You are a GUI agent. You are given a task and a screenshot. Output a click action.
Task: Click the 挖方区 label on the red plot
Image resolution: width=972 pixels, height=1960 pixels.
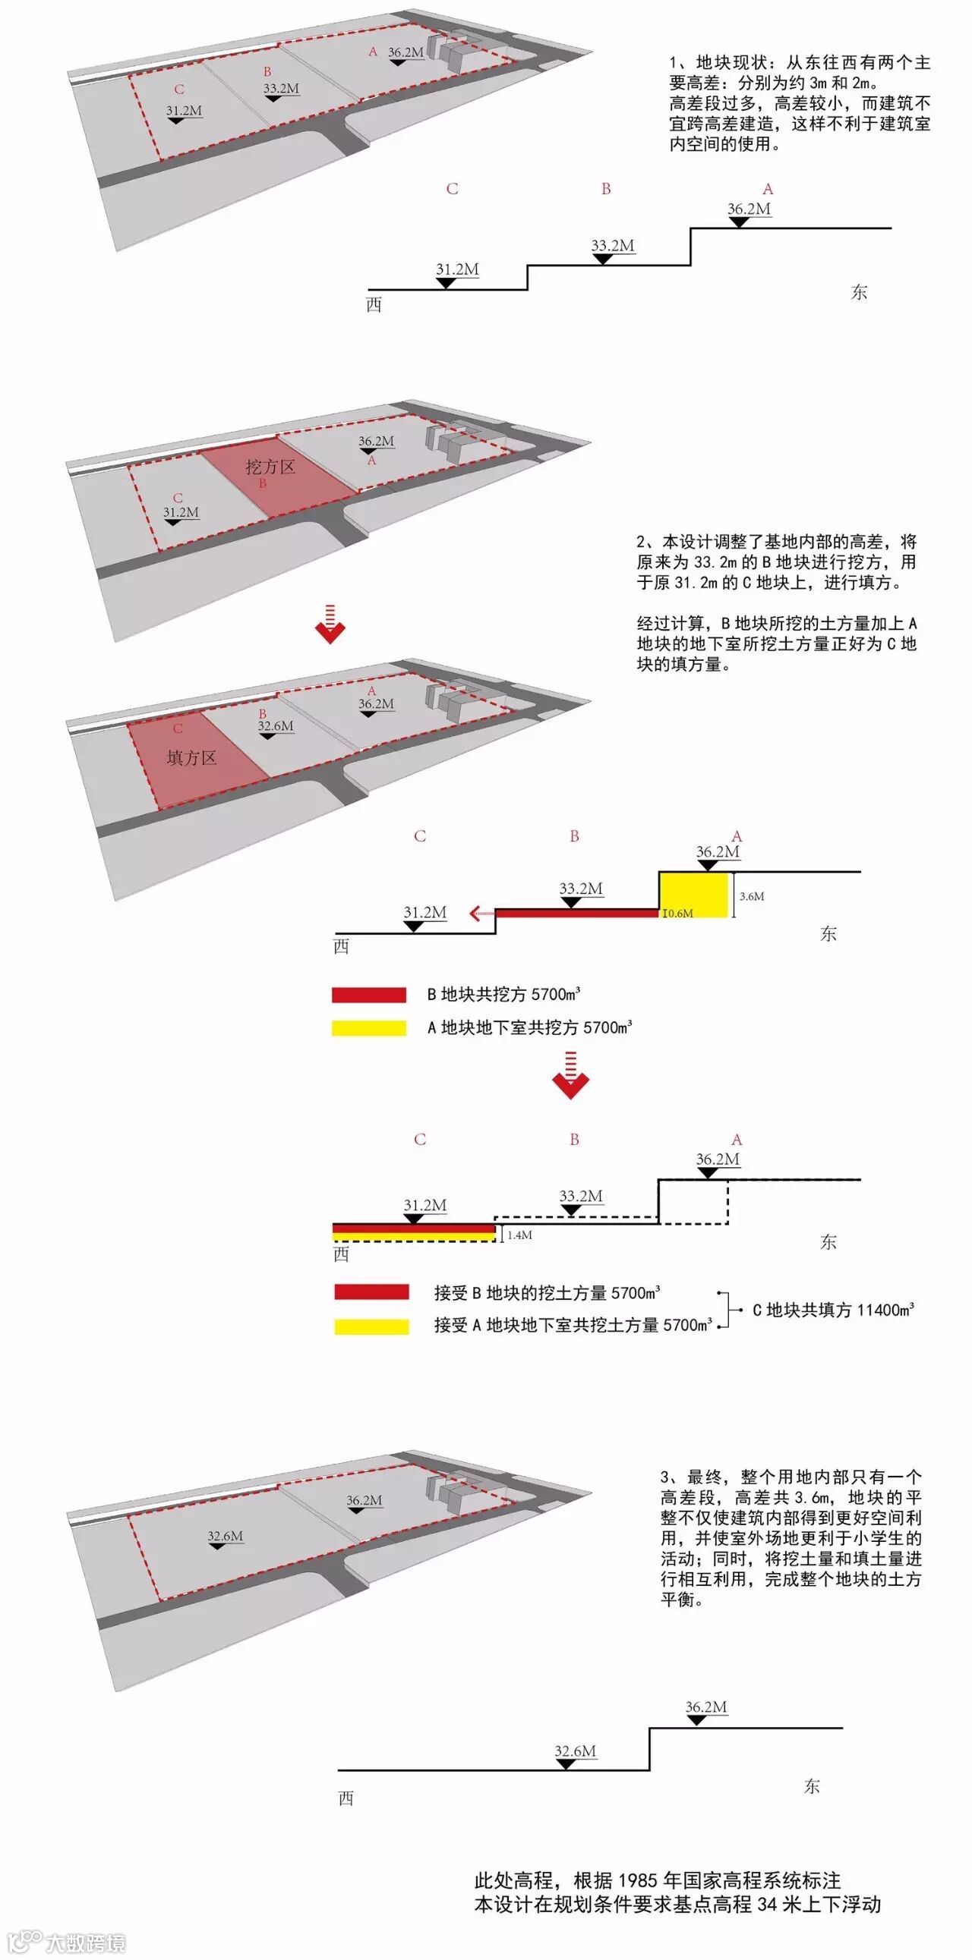(270, 467)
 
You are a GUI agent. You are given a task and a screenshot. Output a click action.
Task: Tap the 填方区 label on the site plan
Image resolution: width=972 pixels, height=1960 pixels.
(191, 757)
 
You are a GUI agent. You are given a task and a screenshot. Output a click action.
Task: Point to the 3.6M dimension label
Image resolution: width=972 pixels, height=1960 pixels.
(751, 896)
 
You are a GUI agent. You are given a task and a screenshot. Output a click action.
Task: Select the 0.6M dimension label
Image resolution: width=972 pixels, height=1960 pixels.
(679, 913)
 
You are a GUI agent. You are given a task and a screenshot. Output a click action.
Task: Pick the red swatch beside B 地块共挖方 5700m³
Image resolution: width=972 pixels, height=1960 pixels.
(368, 995)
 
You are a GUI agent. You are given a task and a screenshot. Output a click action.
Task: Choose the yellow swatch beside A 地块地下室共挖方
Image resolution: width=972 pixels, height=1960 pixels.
(368, 1028)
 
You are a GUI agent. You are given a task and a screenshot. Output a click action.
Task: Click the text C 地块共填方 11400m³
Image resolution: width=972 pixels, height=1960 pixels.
(833, 1310)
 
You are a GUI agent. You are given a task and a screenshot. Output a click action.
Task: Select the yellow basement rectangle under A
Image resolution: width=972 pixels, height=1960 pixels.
(693, 894)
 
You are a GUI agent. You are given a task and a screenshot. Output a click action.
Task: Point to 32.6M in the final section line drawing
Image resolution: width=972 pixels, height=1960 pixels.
(575, 1751)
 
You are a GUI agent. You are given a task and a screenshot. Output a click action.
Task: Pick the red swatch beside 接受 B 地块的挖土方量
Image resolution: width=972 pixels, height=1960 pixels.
(371, 1291)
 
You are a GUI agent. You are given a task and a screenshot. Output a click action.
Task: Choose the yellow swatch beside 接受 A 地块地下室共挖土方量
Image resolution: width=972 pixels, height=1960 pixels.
(371, 1326)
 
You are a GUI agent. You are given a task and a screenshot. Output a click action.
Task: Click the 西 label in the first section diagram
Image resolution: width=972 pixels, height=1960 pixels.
(374, 305)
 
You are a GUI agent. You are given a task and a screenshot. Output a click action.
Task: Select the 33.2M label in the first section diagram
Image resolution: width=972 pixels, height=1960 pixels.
(613, 246)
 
